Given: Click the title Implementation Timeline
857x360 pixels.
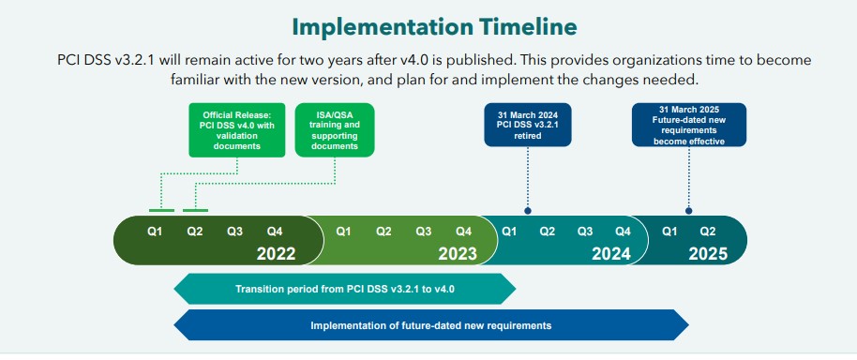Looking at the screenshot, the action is [x=434, y=26].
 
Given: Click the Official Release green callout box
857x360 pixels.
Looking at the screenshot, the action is [x=237, y=130].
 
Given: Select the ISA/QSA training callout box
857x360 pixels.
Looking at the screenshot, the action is [x=335, y=130].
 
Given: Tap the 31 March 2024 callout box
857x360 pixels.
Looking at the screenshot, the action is [x=528, y=125].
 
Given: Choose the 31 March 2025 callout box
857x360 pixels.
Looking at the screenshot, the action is [x=688, y=125].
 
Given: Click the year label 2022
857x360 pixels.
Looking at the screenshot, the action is [x=276, y=254].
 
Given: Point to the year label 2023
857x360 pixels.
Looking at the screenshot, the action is [x=458, y=254].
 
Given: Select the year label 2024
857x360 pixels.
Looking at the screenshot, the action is [x=611, y=254].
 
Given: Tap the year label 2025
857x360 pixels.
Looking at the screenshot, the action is [x=708, y=254].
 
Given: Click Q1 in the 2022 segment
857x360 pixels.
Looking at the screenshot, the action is [x=156, y=232].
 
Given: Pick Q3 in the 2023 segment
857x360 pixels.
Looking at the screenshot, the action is [x=424, y=232].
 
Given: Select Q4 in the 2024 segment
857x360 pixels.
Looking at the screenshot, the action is [x=624, y=232].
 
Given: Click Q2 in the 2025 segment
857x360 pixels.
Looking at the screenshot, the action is [x=708, y=232].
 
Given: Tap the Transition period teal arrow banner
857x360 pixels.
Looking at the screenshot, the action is [x=345, y=289].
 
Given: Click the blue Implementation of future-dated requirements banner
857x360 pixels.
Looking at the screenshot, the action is [x=431, y=325].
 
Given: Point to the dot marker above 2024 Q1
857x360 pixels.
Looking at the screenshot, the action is [x=528, y=210].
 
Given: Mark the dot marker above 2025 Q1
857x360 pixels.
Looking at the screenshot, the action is [x=688, y=210].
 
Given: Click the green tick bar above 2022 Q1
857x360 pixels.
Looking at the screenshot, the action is [x=162, y=210].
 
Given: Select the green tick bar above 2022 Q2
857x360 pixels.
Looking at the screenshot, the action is [x=195, y=210].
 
